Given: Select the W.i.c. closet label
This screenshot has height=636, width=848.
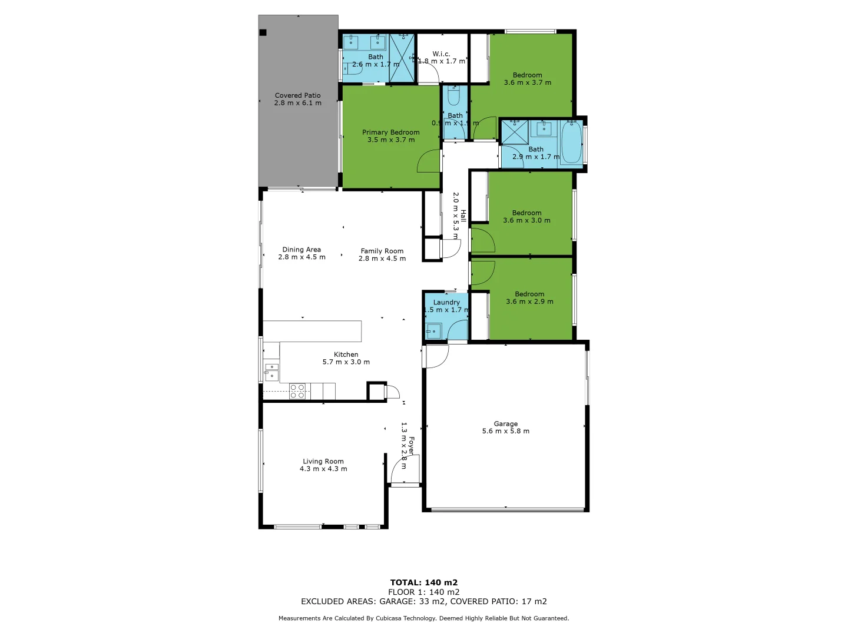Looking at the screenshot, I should pos(441,54).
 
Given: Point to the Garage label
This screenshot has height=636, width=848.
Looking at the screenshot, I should pos(506,423).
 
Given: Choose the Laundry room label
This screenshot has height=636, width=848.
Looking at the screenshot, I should pos(446,302).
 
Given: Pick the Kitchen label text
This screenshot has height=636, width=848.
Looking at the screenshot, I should pos(346,355).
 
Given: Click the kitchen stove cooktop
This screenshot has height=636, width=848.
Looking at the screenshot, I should pos(297,391).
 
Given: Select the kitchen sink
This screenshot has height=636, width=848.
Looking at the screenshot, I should pos(271,372).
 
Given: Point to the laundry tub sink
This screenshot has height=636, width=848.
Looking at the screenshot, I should pos(433,331).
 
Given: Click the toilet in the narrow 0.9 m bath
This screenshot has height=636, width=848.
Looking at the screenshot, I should pos(454,96).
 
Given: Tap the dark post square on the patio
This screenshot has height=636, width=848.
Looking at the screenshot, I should pos(263,33).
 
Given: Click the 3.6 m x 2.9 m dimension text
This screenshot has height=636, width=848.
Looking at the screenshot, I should pos(529,302).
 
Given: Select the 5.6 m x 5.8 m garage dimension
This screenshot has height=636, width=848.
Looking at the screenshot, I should pos(506,431).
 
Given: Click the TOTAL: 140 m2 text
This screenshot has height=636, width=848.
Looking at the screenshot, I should pos(424,582).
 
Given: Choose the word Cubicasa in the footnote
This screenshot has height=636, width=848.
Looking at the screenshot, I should pos(392,618).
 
